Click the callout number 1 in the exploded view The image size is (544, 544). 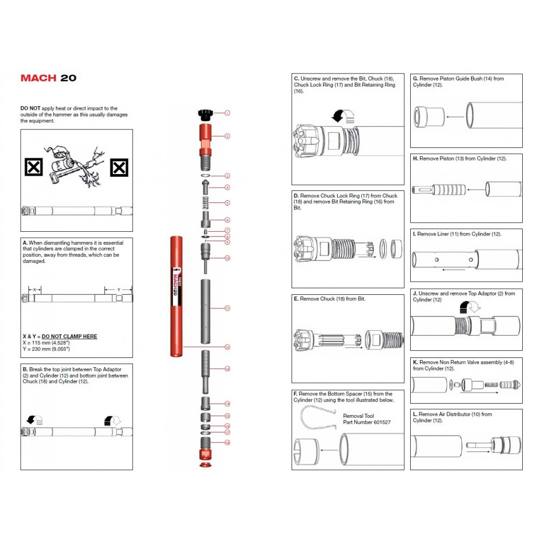click(227, 113)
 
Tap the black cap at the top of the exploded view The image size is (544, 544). click(205, 114)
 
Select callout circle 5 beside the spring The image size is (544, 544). click(227, 202)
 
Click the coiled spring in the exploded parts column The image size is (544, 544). click(205, 202)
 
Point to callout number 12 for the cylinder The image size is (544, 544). click(227, 347)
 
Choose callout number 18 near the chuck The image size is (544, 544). click(227, 443)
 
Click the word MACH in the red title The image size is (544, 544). click(38, 78)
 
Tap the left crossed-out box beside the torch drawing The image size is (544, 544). click(34, 168)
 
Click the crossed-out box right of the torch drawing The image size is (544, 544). click(119, 168)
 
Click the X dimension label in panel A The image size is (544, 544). click(35, 289)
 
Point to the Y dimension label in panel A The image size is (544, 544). click(119, 289)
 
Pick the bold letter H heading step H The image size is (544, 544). click(415, 159)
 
